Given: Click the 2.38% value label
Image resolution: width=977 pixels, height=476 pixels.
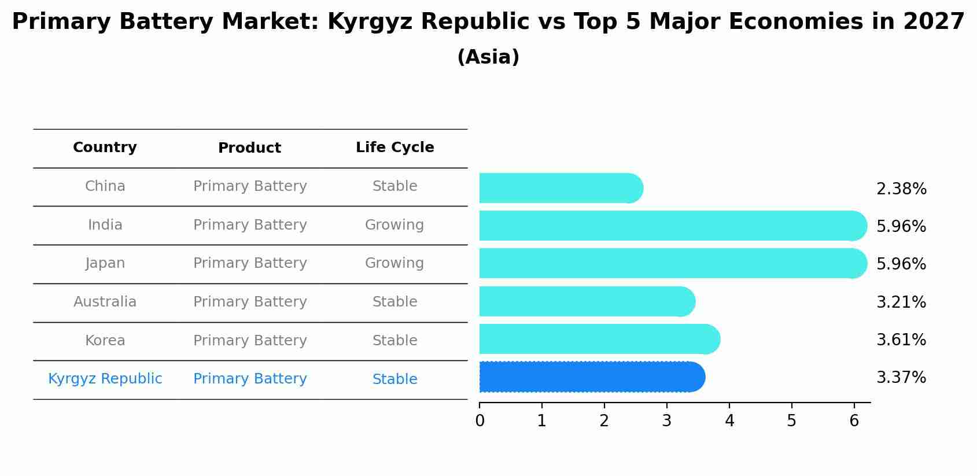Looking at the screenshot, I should coord(901,189).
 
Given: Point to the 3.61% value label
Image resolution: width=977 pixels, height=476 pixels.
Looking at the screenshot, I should coord(901,340).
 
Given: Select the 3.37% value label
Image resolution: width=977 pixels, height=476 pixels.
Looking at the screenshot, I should coord(901,378).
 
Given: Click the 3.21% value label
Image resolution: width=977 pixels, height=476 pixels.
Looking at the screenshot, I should coord(901,302).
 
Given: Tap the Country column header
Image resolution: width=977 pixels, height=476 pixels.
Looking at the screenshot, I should coord(105,147).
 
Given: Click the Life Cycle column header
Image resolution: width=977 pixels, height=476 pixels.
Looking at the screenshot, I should coord(395,147).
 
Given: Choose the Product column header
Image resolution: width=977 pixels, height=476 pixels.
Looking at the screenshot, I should coord(249,148).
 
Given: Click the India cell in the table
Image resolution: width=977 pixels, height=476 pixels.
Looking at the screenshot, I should coord(105,225).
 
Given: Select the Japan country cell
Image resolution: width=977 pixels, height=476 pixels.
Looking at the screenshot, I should coord(105,263).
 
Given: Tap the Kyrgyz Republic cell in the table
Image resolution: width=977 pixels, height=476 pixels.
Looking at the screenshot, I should coord(105,379).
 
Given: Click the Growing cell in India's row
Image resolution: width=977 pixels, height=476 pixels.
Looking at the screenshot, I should coord(395,225).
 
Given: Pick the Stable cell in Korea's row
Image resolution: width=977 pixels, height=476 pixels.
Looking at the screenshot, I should coord(395,341).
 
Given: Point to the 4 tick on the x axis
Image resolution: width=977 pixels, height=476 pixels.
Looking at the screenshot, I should coord(729,421).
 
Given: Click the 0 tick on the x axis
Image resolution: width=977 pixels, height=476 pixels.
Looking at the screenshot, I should coord(480,421).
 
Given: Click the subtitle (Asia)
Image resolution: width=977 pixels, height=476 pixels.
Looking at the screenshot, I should coord(488,57).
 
